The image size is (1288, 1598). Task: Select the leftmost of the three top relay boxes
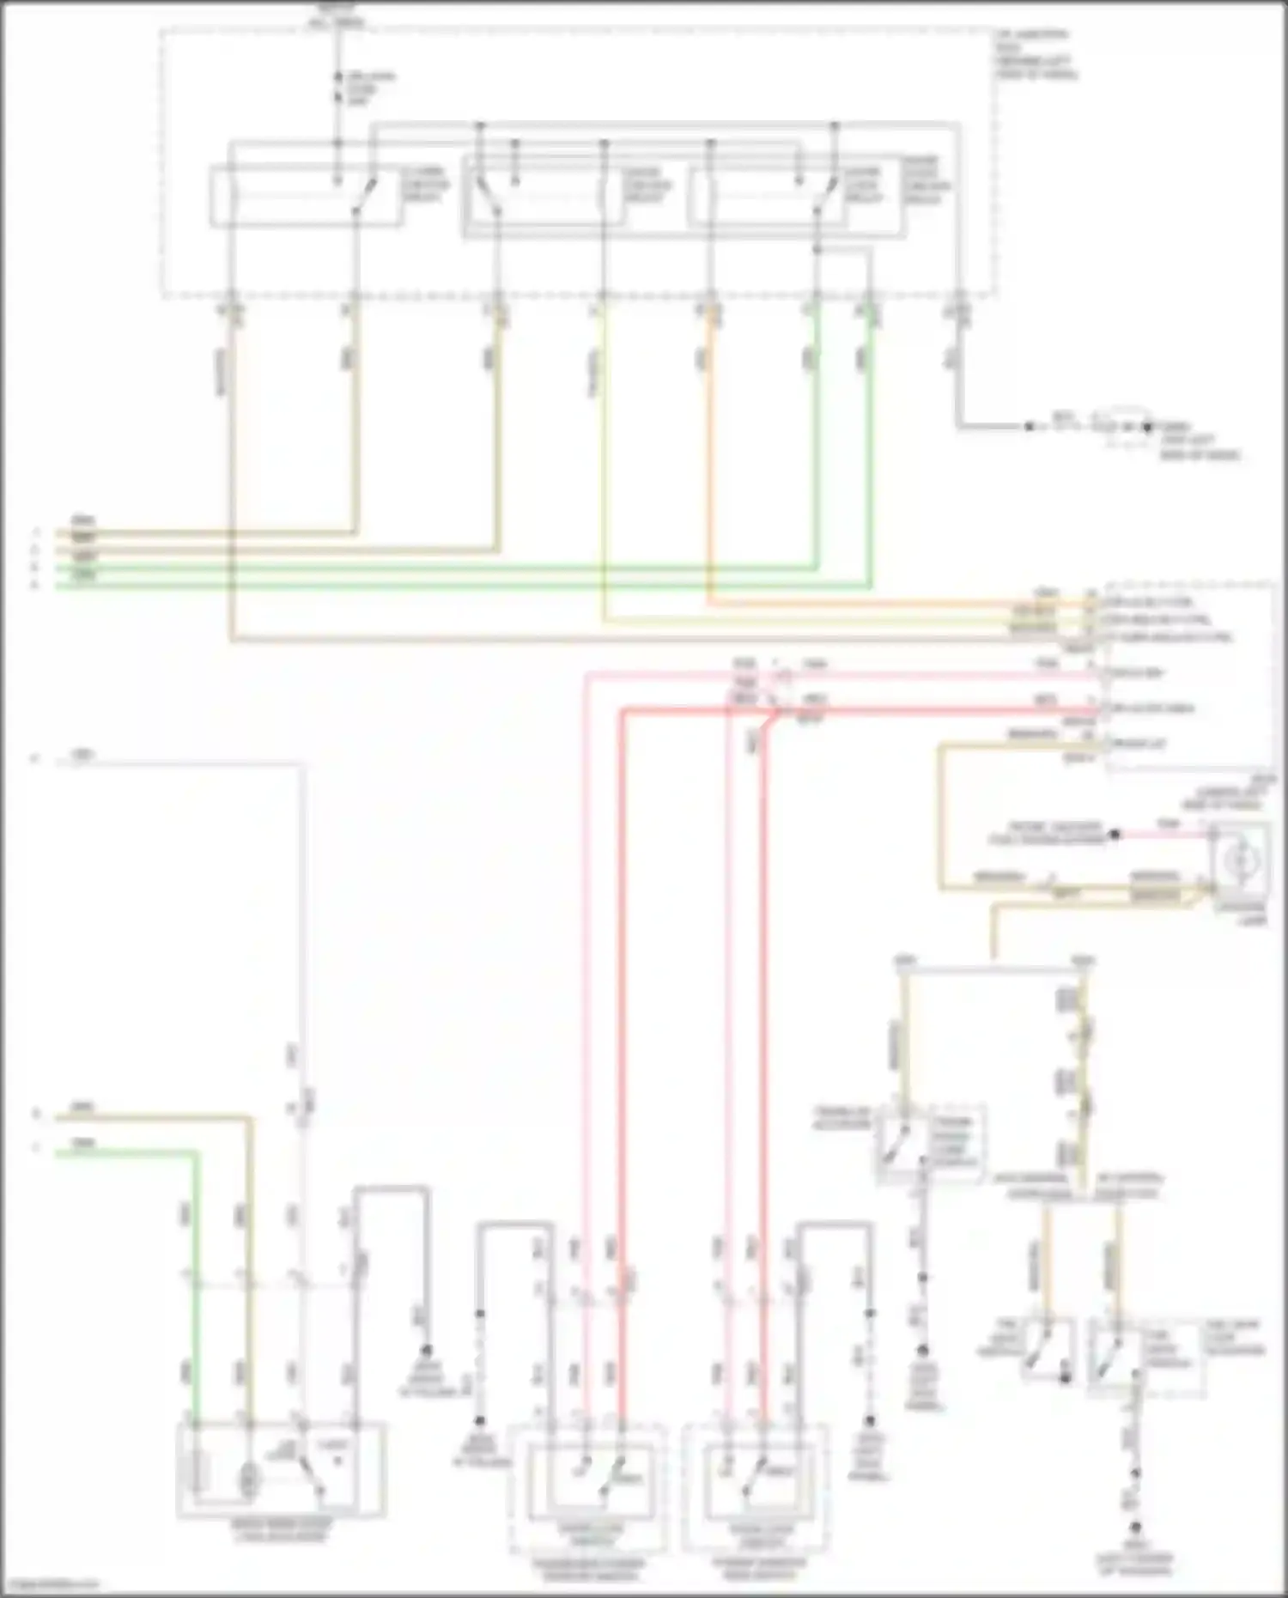[307, 197]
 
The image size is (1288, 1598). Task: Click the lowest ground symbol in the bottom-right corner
[1135, 1528]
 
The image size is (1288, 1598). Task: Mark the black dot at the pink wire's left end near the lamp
[1115, 834]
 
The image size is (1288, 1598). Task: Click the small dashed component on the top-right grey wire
[1125, 426]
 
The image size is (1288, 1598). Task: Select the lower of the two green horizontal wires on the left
[429, 586]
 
